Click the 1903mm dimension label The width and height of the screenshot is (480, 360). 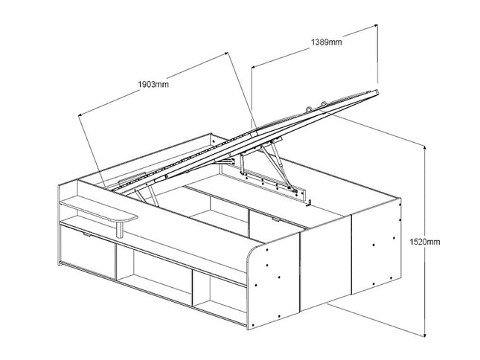(x=153, y=84)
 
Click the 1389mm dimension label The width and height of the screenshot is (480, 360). (x=327, y=42)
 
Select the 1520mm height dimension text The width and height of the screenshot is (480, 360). (x=425, y=242)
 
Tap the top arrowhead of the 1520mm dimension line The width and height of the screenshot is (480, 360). (x=425, y=148)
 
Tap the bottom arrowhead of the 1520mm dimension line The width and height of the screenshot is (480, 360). (x=425, y=335)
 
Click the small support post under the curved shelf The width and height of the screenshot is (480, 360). (x=120, y=230)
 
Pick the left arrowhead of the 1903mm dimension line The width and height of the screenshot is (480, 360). (x=80, y=115)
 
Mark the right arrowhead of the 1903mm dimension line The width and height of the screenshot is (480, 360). (x=226, y=54)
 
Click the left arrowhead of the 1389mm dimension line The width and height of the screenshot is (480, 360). (x=254, y=66)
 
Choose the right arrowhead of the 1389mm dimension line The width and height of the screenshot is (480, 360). (x=375, y=26)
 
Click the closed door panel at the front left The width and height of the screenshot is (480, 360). (x=88, y=251)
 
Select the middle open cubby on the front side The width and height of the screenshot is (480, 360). (x=155, y=271)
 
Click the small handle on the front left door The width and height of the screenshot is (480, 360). (x=87, y=234)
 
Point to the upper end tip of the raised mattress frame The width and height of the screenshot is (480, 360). (x=377, y=91)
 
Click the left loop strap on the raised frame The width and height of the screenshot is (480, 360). (x=308, y=109)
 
